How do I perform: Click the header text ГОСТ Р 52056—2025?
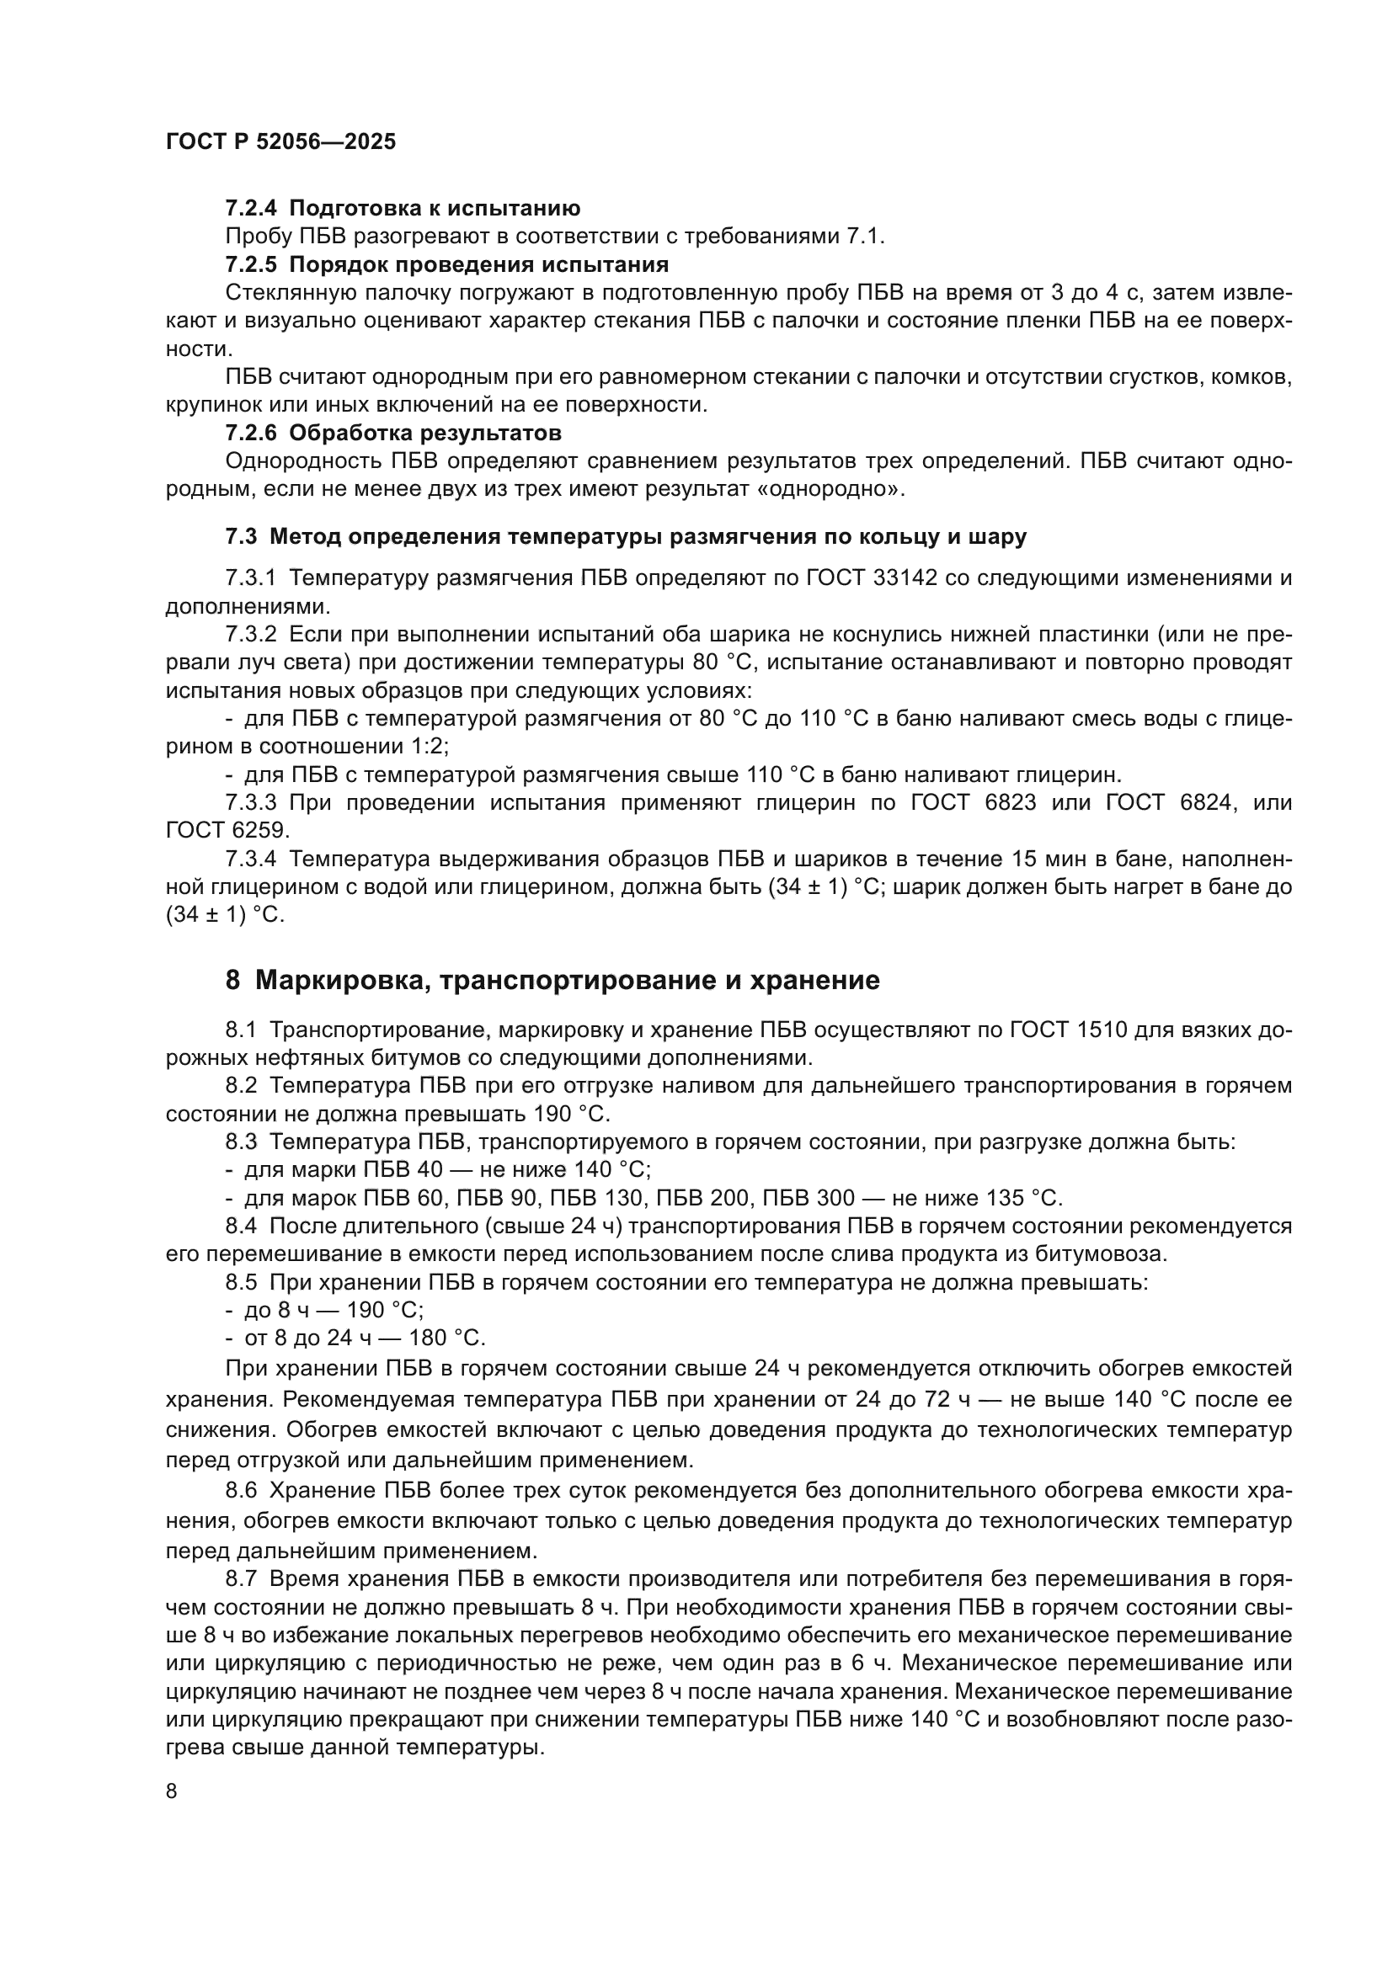click(280, 142)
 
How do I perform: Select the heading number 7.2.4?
click(251, 209)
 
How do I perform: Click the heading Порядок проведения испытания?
click(478, 264)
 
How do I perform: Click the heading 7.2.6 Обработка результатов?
click(392, 432)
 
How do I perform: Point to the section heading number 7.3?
click(241, 537)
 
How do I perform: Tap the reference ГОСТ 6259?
click(227, 831)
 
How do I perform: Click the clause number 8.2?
click(241, 1086)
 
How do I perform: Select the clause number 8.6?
click(241, 1491)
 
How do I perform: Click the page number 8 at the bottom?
click(172, 1791)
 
